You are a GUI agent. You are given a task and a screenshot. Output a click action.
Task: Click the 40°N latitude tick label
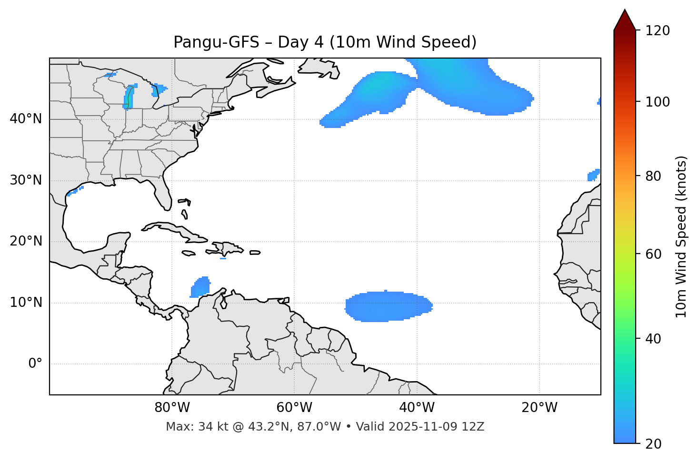pos(26,119)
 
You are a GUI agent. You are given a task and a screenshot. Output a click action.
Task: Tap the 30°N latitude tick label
pos(26,180)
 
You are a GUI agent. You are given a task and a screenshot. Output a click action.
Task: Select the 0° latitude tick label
pos(35,364)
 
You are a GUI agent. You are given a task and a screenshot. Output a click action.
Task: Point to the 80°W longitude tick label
pos(172,408)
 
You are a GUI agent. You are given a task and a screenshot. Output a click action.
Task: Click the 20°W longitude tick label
pos(539,408)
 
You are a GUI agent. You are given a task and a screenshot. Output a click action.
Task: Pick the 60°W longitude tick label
pos(294,408)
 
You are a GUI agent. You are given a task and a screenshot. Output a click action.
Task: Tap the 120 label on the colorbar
pos(658,31)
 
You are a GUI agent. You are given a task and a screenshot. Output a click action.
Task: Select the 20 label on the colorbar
pos(654,444)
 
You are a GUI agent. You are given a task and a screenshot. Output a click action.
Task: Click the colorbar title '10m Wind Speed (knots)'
pos(681,236)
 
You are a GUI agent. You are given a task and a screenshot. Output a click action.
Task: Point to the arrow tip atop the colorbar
pos(625,10)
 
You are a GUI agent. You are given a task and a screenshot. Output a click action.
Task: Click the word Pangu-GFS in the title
pos(216,42)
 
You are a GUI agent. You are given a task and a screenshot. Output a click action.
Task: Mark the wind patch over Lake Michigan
pos(129,98)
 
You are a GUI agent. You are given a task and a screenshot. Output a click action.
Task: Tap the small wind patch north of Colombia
pos(201,287)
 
